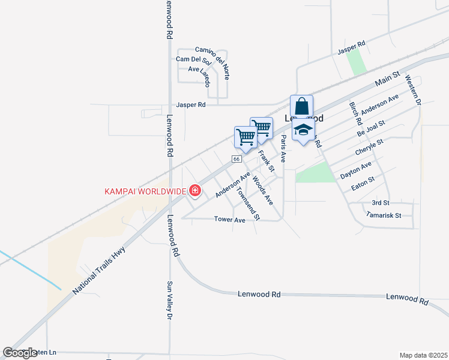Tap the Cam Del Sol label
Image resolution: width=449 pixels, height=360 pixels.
point(194,60)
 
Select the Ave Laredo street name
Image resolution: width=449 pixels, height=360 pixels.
point(200,73)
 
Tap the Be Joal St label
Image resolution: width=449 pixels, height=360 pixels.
point(371,128)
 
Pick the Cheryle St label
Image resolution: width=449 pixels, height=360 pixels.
point(369,148)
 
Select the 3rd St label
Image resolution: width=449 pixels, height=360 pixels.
point(381,203)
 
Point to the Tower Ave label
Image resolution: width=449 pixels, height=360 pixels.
point(230,220)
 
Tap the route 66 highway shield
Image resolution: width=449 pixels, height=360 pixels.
point(237,159)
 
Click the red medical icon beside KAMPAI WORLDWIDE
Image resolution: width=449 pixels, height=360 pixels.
point(194,191)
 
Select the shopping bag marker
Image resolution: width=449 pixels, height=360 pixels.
point(301,107)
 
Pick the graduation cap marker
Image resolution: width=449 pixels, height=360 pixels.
point(303,130)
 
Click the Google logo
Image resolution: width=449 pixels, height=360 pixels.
point(20,353)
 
